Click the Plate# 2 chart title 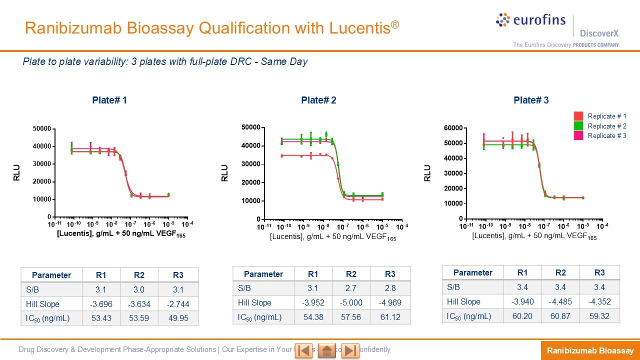(x=318, y=100)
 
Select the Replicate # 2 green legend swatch (x=578, y=126)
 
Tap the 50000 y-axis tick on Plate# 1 (x=42, y=129)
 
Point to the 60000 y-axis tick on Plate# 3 (x=453, y=128)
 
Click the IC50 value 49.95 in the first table (x=178, y=318)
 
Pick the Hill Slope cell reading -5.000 (x=351, y=302)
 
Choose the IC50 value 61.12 (x=390, y=317)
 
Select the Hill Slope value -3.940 (x=522, y=301)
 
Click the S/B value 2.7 (x=351, y=288)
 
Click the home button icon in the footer (x=327, y=350)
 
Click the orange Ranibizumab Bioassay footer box (x=590, y=350)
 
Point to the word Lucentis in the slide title (x=359, y=28)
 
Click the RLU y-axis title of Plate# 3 (x=427, y=173)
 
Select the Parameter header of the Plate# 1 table (x=51, y=275)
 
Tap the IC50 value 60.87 (x=560, y=316)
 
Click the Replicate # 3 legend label (x=607, y=135)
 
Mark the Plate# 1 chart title (x=109, y=100)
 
